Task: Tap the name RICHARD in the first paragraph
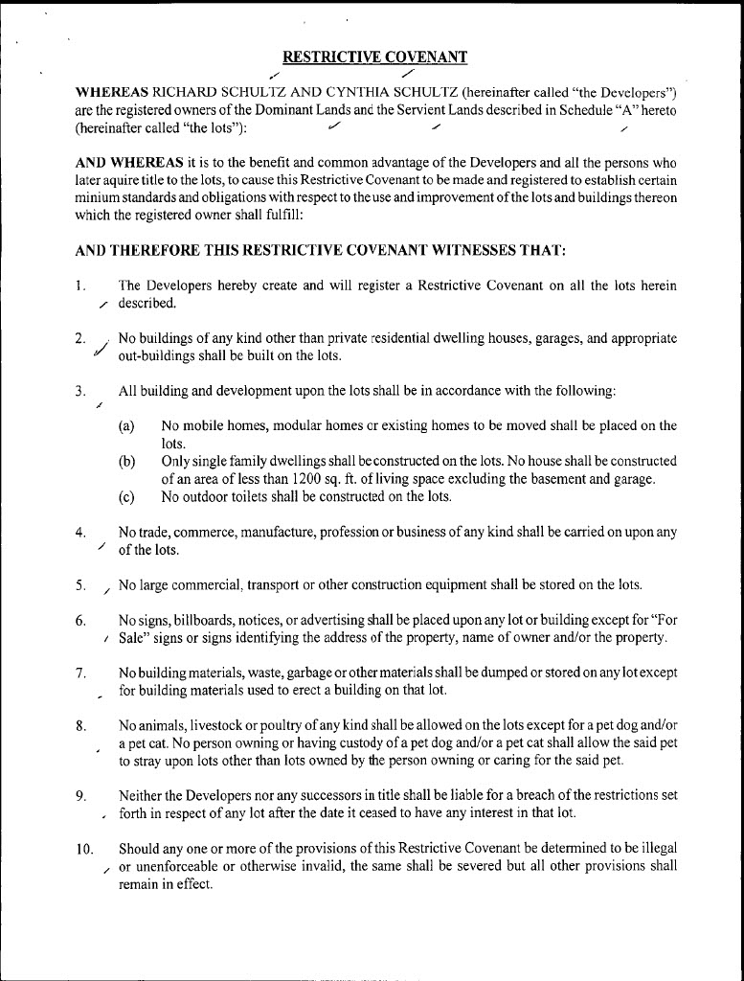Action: point(157,93)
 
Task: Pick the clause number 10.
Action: point(82,849)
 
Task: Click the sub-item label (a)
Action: point(126,426)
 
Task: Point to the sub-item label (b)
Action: point(126,462)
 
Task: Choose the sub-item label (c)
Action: point(126,496)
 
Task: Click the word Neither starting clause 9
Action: point(142,795)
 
